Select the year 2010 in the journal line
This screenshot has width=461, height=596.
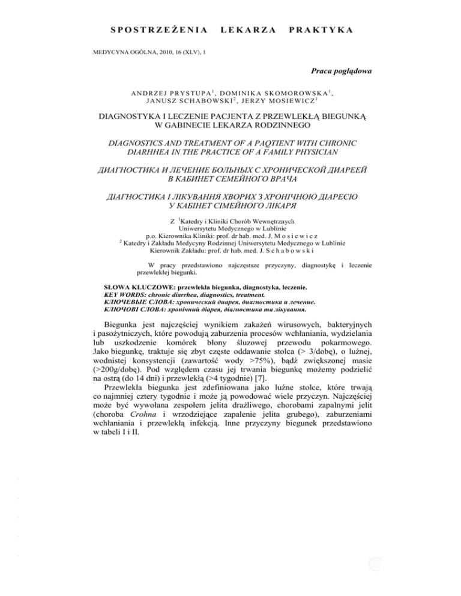point(154,53)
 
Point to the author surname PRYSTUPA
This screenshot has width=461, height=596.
point(174,93)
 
